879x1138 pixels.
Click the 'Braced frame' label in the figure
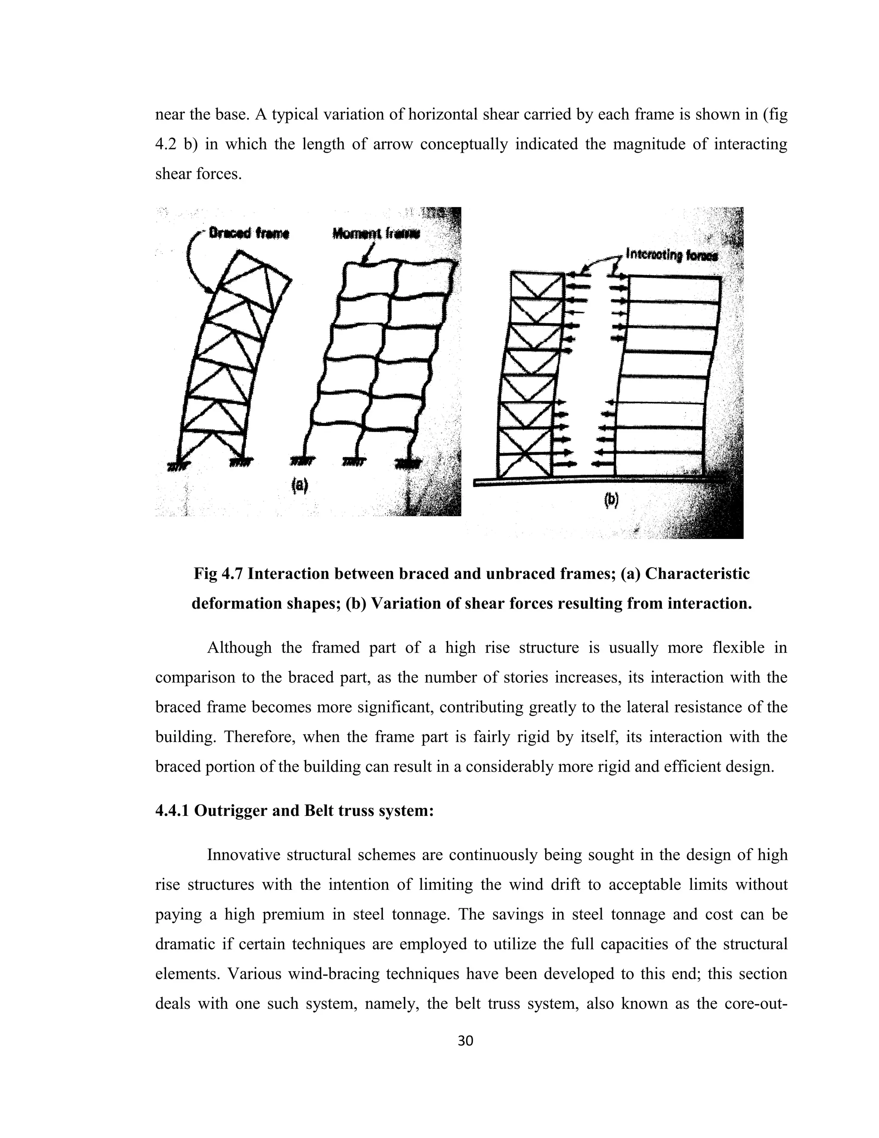pyautogui.click(x=249, y=234)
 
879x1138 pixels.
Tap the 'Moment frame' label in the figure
pyautogui.click(x=375, y=234)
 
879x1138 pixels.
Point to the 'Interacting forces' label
pyautogui.click(x=671, y=256)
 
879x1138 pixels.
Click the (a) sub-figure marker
pyautogui.click(x=300, y=485)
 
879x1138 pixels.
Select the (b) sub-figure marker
pyautogui.click(x=611, y=500)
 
